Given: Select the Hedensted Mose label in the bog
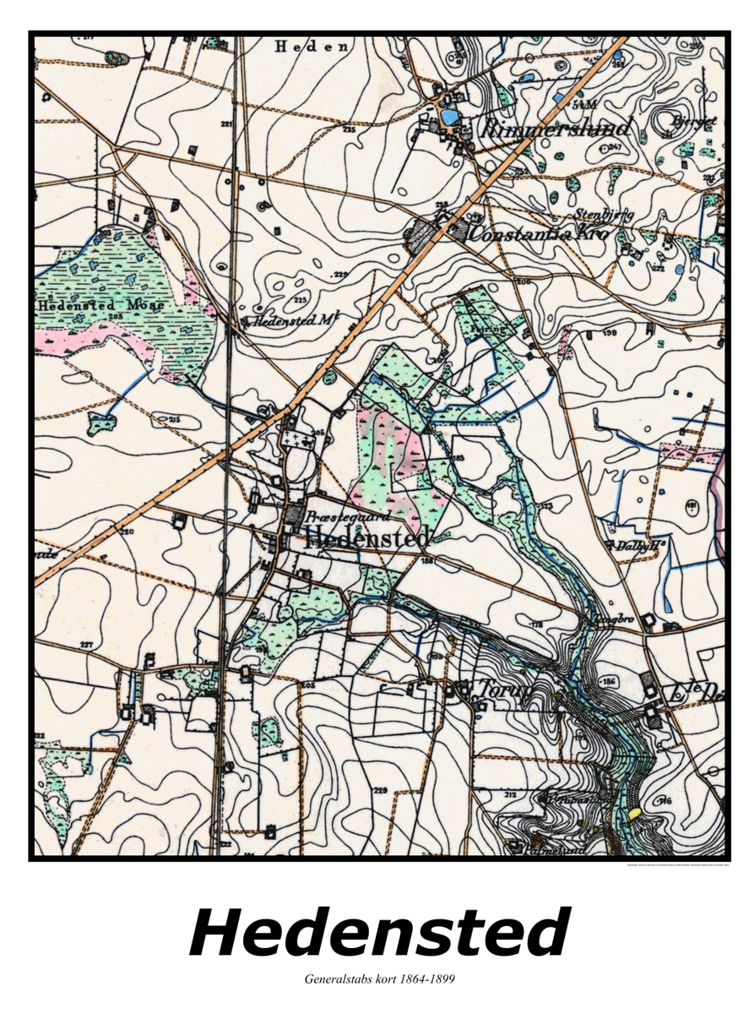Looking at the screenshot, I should [90, 305].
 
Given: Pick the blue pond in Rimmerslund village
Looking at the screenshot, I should [452, 116].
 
